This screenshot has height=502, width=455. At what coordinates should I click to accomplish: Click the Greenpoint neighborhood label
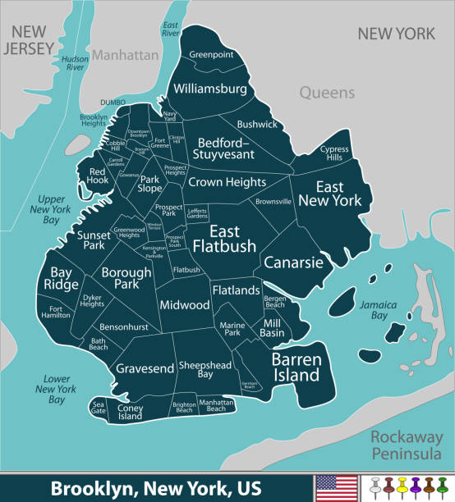pyautogui.click(x=212, y=55)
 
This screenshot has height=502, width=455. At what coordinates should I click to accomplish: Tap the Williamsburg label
pyautogui.click(x=209, y=88)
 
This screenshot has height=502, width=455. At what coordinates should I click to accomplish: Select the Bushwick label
pyautogui.click(x=257, y=125)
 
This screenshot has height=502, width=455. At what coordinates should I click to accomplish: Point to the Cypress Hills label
pyautogui.click(x=334, y=153)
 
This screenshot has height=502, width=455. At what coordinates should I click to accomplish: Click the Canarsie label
pyautogui.click(x=292, y=262)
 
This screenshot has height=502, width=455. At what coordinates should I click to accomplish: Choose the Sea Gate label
pyautogui.click(x=99, y=408)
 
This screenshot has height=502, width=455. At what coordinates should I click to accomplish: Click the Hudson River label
pyautogui.click(x=74, y=63)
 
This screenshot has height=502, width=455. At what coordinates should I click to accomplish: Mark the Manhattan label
pyautogui.click(x=124, y=55)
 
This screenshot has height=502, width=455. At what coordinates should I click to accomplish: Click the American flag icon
pyautogui.click(x=336, y=487)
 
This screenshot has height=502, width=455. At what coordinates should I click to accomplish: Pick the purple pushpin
pyautogui.click(x=416, y=486)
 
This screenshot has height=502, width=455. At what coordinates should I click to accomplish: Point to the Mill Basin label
pyautogui.click(x=273, y=328)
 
